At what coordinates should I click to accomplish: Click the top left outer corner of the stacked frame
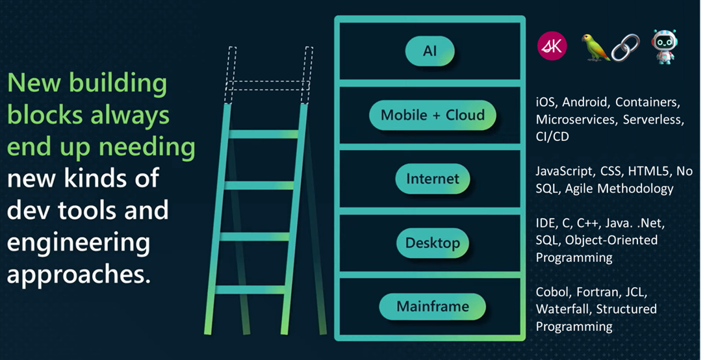click(335, 17)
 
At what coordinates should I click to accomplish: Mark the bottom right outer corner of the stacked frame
click(525, 341)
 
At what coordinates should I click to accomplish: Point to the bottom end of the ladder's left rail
click(208, 333)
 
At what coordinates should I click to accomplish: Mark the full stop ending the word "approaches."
click(148, 281)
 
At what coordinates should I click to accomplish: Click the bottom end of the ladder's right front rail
click(284, 333)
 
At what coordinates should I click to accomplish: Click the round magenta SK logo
click(552, 46)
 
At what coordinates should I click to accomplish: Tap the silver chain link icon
click(625, 47)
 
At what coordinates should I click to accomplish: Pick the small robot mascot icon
click(665, 47)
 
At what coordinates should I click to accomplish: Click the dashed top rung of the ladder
click(268, 85)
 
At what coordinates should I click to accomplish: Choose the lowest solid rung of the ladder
click(250, 290)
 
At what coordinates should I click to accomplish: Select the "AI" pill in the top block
click(430, 51)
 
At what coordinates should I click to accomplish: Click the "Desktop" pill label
click(433, 243)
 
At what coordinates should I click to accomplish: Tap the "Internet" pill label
click(433, 179)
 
